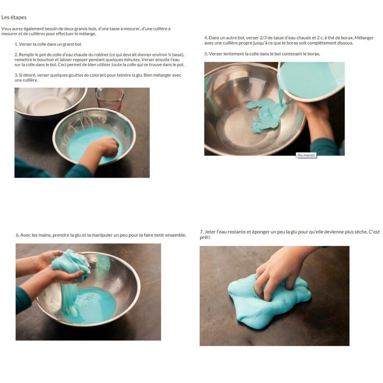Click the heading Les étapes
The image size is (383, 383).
pyautogui.click(x=14, y=17)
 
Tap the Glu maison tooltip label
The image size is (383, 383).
pyautogui.click(x=306, y=155)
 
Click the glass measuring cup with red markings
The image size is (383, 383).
pyautogui.click(x=110, y=99)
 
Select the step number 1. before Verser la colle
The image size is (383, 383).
pyautogui.click(x=16, y=44)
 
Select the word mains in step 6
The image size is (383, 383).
pyautogui.click(x=44, y=235)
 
